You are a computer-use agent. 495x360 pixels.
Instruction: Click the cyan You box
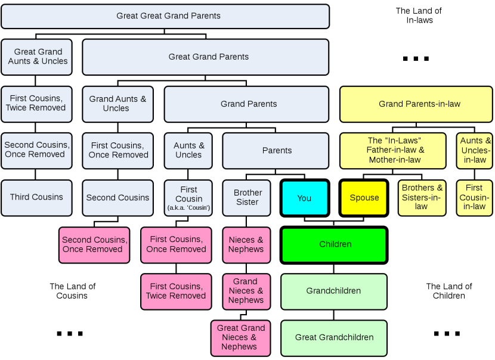click(305, 198)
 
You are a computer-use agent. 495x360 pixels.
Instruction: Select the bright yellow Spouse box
click(364, 198)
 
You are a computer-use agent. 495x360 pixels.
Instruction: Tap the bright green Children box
click(334, 244)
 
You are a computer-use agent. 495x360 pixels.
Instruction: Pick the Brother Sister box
click(247, 198)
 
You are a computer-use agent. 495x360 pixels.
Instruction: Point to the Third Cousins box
click(36, 198)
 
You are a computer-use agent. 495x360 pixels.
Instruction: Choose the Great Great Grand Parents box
click(165, 16)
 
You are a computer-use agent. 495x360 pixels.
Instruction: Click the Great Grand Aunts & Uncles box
click(36, 57)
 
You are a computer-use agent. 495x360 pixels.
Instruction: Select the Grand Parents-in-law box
click(416, 104)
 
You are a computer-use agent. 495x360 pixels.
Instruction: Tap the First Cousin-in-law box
click(474, 198)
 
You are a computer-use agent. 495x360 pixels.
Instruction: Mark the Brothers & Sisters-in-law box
click(422, 198)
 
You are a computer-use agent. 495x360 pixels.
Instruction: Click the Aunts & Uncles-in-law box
click(474, 150)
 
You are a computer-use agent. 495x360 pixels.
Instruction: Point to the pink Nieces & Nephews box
click(246, 244)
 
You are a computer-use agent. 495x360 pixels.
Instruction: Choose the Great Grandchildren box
click(334, 337)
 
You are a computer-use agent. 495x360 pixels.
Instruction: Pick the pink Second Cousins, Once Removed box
click(94, 244)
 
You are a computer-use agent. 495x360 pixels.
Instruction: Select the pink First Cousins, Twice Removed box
click(176, 291)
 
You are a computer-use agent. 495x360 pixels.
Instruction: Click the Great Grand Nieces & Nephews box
click(240, 337)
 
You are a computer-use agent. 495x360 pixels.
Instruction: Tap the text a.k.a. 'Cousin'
click(188, 208)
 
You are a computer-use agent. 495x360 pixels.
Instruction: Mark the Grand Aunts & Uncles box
click(117, 104)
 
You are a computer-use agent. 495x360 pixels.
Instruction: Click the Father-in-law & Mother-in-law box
click(393, 150)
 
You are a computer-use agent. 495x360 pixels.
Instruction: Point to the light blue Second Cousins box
click(117, 198)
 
